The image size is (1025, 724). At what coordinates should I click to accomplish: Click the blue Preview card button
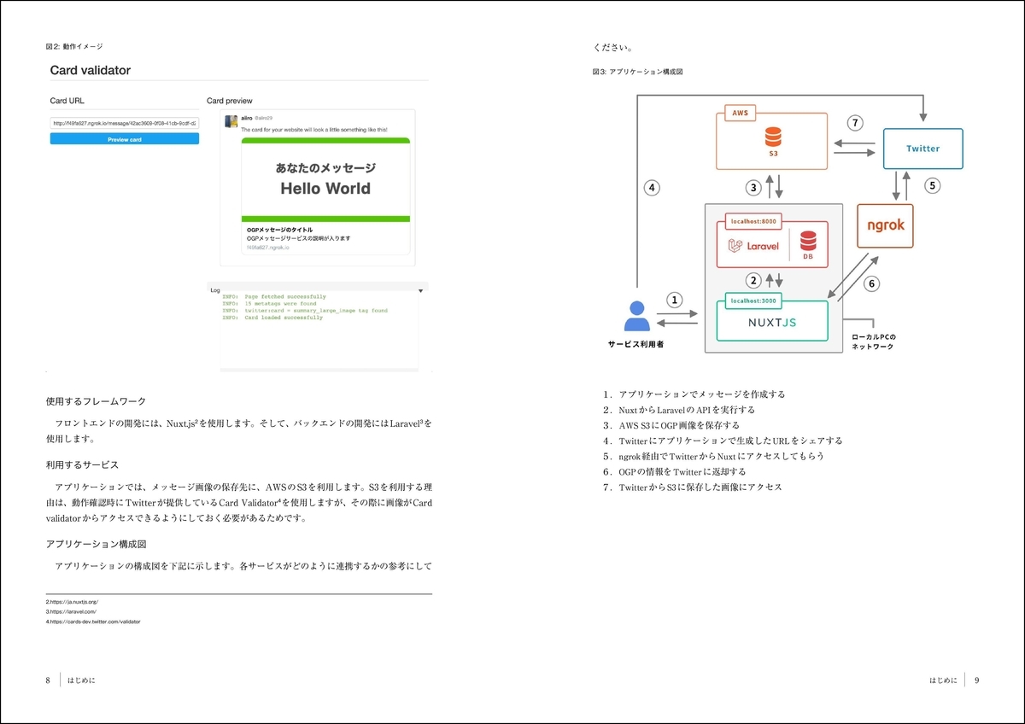point(125,138)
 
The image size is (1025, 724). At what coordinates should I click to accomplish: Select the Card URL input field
point(125,123)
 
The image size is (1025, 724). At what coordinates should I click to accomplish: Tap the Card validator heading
point(90,70)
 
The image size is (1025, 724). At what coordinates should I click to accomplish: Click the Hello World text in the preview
point(325,189)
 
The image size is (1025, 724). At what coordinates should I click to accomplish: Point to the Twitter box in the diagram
point(922,149)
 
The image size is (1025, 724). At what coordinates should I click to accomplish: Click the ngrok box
point(885,225)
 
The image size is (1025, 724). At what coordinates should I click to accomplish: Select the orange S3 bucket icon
point(773,137)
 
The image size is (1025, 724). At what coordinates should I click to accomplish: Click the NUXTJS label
point(771,324)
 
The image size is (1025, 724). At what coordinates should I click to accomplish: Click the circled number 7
point(855,123)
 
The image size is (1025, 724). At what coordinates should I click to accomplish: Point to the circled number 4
point(652,188)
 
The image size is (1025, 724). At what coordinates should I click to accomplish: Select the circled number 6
point(872,283)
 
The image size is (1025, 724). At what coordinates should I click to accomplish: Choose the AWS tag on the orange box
point(740,113)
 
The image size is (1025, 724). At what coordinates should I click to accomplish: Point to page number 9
point(976,680)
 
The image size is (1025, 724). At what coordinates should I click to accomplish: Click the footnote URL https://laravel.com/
point(71,612)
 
